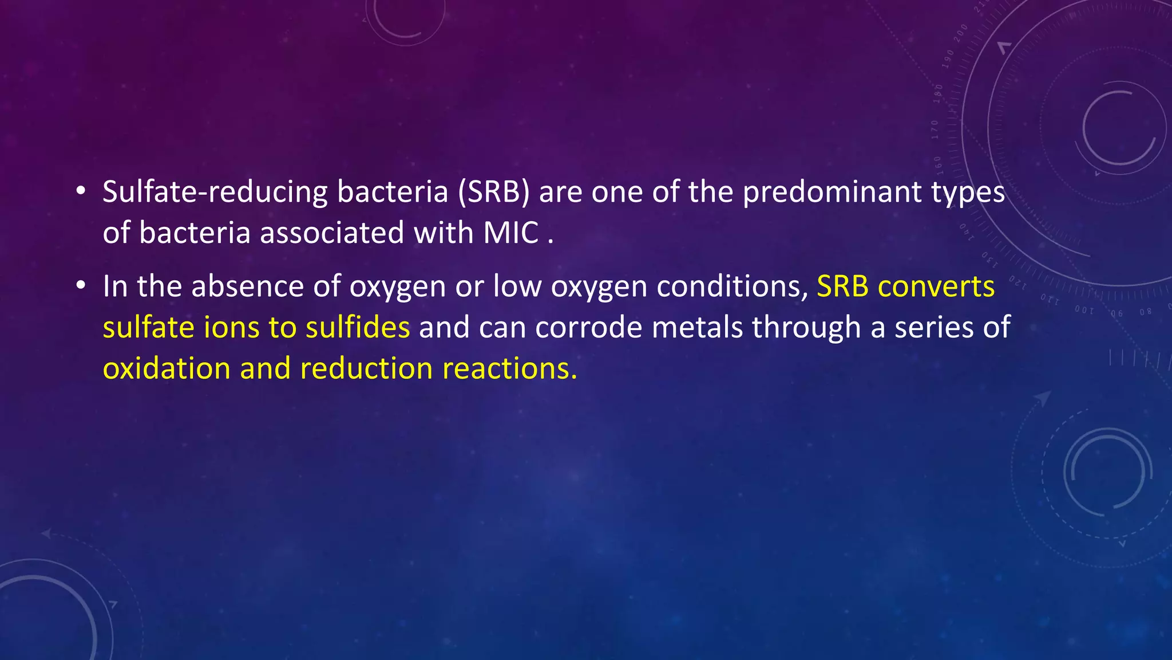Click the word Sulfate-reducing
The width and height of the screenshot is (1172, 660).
point(215,192)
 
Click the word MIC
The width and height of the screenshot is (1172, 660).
point(511,233)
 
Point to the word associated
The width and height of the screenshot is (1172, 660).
point(332,233)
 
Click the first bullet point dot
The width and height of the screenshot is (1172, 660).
point(81,191)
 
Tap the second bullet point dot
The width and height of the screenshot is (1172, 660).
point(81,285)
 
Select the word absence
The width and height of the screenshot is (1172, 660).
point(247,286)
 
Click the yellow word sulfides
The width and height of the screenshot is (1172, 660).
point(358,328)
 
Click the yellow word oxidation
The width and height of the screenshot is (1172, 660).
point(167,368)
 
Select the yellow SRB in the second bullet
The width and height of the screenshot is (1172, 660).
point(842,286)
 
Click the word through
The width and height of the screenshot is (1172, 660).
point(806,328)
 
